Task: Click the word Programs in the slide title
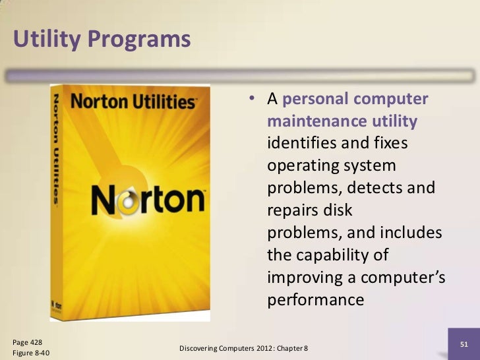click(139, 40)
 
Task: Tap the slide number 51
click(464, 344)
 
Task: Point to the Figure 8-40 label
click(30, 353)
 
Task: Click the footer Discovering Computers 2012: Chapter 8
click(244, 347)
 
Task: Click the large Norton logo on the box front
click(147, 200)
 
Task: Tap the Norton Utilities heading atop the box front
click(133, 102)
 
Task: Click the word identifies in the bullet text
click(301, 143)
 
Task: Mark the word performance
click(316, 300)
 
